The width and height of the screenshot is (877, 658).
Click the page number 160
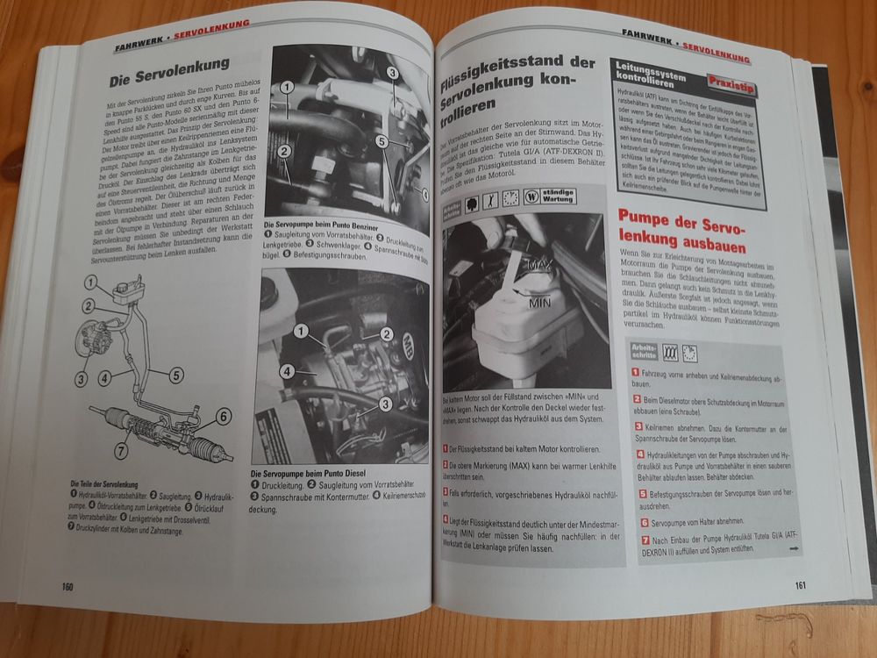point(68,587)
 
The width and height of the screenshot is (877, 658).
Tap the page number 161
point(800,586)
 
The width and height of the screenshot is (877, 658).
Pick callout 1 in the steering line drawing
point(92,282)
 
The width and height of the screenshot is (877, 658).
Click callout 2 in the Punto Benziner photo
point(284,151)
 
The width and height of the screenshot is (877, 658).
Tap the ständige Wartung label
point(584,197)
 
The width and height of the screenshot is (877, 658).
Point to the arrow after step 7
point(793,548)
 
